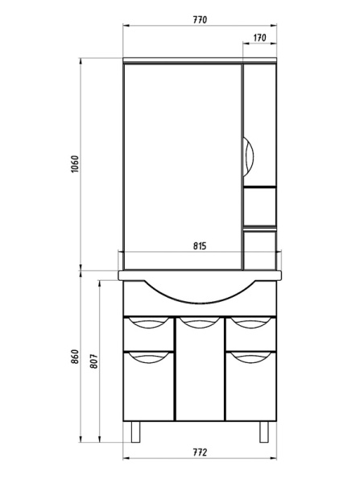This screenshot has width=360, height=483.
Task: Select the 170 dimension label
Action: click(x=259, y=37)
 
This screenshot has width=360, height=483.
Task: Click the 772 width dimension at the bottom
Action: click(x=200, y=453)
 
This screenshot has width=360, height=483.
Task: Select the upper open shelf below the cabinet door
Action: click(x=259, y=199)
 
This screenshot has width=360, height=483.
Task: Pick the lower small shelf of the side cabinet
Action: click(x=259, y=242)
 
